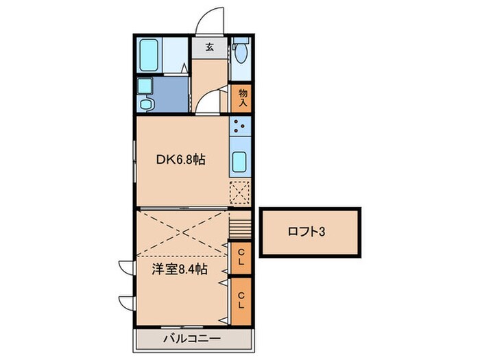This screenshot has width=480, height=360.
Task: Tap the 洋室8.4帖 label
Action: [x=180, y=269]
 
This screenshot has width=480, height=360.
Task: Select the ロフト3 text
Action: [x=305, y=232]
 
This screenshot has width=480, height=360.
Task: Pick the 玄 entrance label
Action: [x=209, y=48]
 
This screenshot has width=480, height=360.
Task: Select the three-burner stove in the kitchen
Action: [x=241, y=126]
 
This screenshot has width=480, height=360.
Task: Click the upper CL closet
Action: [x=241, y=259]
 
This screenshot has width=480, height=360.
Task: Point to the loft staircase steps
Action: [x=241, y=225]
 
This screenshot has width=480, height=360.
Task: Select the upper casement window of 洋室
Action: [x=126, y=267]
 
